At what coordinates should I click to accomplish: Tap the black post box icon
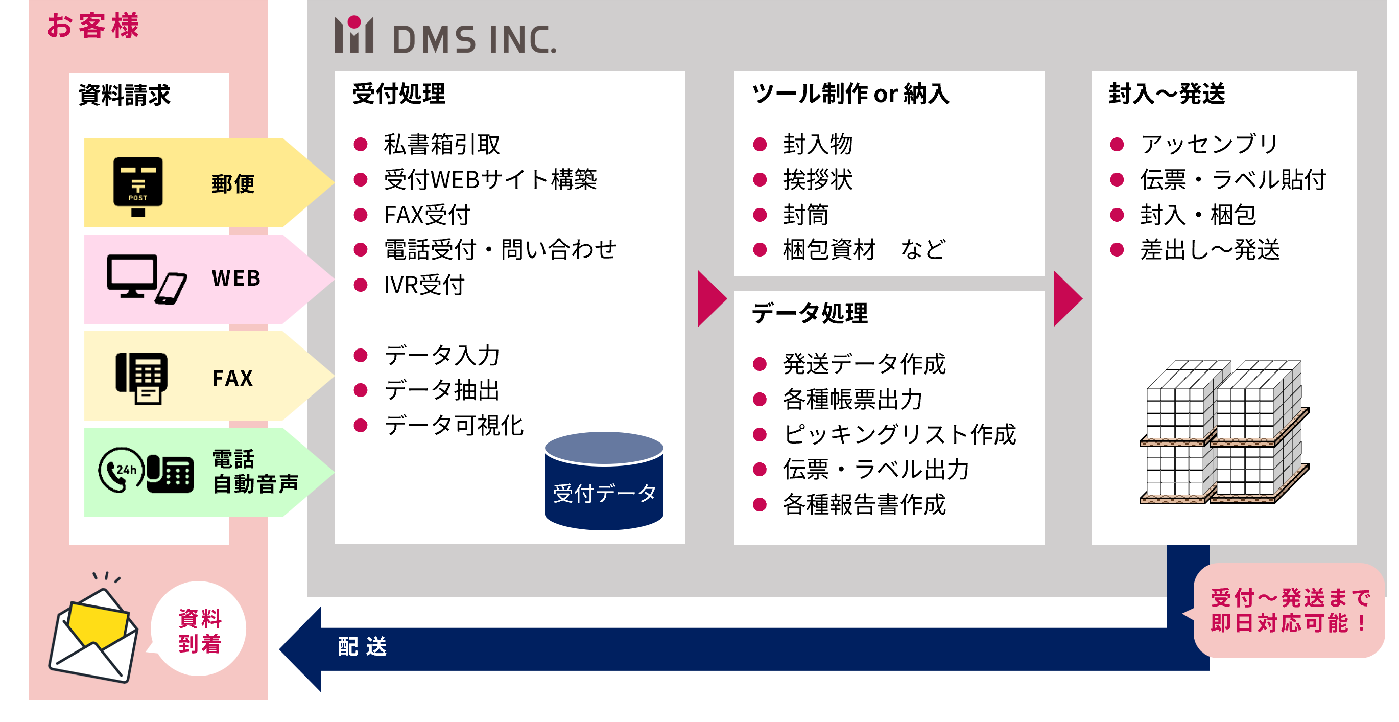pos(138,184)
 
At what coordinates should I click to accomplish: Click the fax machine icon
pos(141,378)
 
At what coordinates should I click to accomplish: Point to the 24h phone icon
pos(121,470)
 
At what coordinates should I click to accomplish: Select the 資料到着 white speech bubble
pos(199,630)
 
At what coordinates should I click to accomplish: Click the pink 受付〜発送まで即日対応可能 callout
pos(1289,611)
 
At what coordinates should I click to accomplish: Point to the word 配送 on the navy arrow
pos(362,647)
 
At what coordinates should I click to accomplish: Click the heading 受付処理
pos(398,94)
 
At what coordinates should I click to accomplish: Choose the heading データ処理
pos(809,313)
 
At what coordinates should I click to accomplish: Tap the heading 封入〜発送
pos(1167,94)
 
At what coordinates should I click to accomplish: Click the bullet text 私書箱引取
pos(441,145)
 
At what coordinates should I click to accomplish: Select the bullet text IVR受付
pos(424,285)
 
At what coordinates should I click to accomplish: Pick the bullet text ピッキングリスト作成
pos(899,435)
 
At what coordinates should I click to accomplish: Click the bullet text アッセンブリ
pos(1209,145)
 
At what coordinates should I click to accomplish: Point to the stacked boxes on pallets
pos(1224,432)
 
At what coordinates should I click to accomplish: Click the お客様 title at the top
pos(93,26)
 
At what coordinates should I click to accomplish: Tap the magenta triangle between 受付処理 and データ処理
pos(710,299)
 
